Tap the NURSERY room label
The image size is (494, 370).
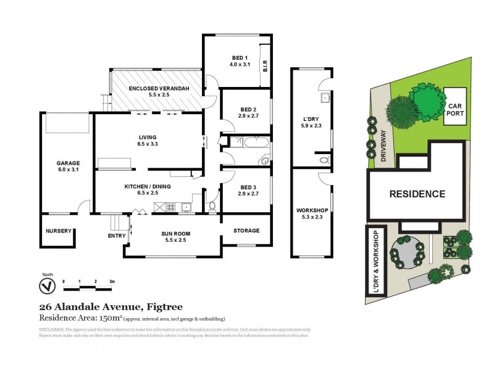pyautogui.click(x=60, y=231)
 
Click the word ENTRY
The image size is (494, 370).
pyautogui.click(x=116, y=236)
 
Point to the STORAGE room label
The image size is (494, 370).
pyautogui.click(x=246, y=231)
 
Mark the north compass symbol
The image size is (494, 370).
pyautogui.click(x=44, y=287)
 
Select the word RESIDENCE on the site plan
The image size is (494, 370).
pyautogui.click(x=417, y=194)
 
